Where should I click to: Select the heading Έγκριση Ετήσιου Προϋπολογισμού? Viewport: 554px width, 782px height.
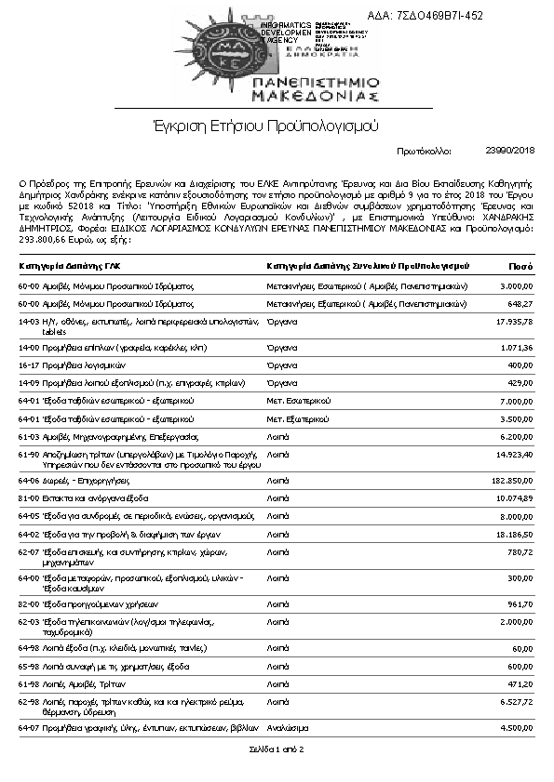point(266,126)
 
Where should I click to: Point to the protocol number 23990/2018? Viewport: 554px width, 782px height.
point(510,150)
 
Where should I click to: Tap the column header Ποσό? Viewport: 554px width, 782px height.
point(520,266)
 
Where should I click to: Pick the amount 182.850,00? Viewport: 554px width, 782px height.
point(510,480)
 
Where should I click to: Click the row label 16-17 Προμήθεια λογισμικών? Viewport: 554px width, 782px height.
point(66,365)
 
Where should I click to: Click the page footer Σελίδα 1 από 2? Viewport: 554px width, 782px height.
point(276,748)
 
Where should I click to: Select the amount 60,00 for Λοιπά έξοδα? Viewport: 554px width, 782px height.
point(521,647)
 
